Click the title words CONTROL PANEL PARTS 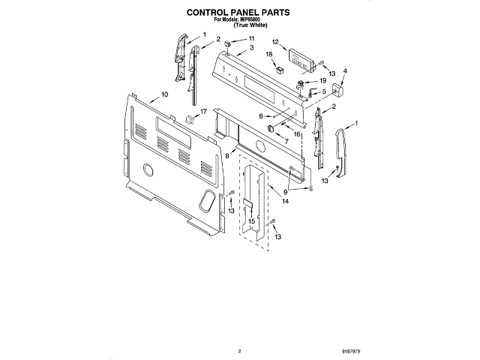click(x=238, y=13)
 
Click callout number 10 click(x=164, y=95)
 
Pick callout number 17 click(x=202, y=110)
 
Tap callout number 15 click(x=251, y=221)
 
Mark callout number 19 click(x=323, y=80)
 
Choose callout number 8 click(x=227, y=154)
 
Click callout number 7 click(x=285, y=140)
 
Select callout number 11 click(x=251, y=38)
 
